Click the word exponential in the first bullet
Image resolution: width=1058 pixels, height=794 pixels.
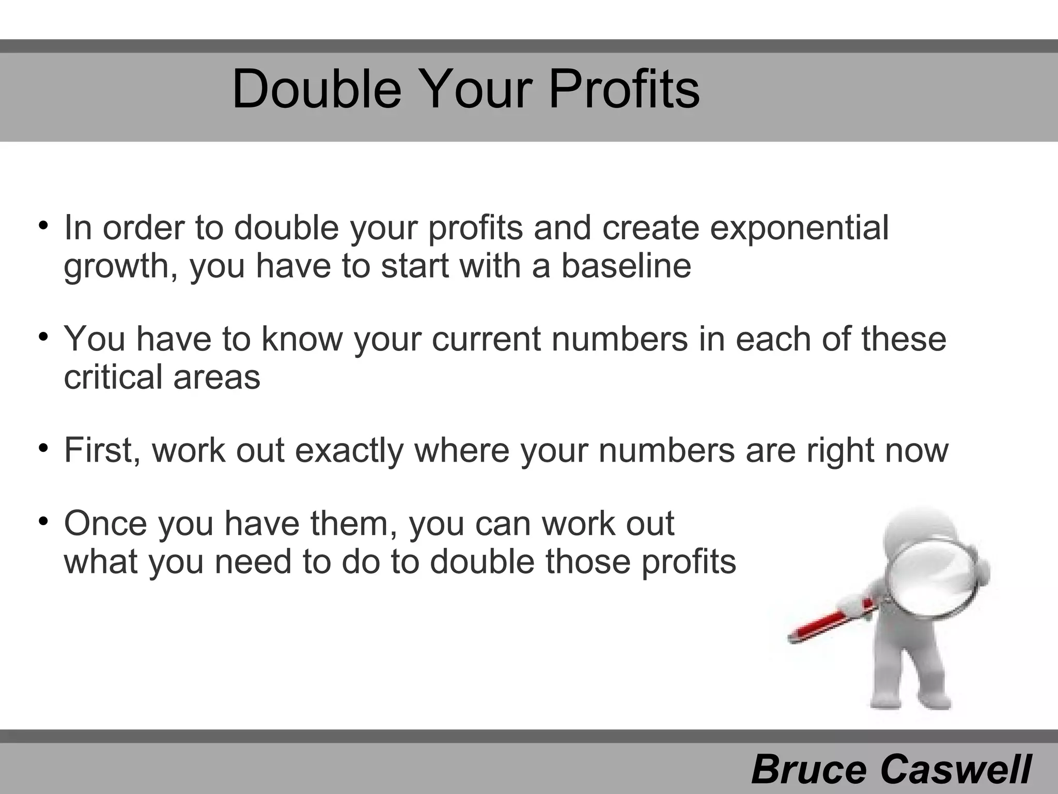(799, 227)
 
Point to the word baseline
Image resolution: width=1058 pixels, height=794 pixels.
(626, 266)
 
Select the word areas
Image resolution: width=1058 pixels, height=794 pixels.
(216, 378)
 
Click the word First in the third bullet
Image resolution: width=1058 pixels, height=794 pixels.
(102, 450)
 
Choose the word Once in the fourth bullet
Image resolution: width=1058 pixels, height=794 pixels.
(105, 523)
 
